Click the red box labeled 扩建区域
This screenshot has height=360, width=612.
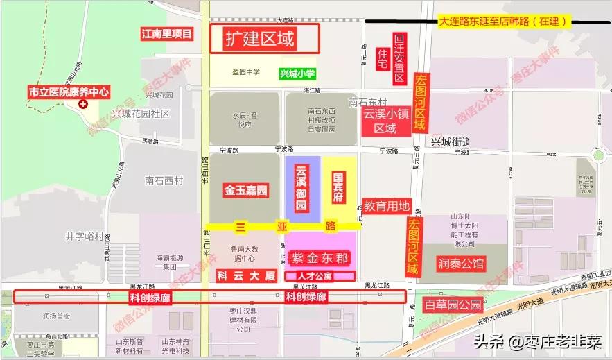click(x=264, y=39)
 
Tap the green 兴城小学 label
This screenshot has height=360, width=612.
click(x=297, y=74)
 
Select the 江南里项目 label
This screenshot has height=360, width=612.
click(x=166, y=34)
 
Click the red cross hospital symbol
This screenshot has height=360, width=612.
click(x=84, y=104)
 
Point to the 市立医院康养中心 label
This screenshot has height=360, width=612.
click(x=69, y=92)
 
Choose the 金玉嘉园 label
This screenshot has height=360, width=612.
click(x=246, y=190)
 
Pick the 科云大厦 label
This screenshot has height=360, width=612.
click(x=247, y=275)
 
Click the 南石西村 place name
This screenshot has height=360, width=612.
click(x=164, y=181)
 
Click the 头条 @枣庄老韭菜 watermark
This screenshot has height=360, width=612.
click(x=538, y=342)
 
